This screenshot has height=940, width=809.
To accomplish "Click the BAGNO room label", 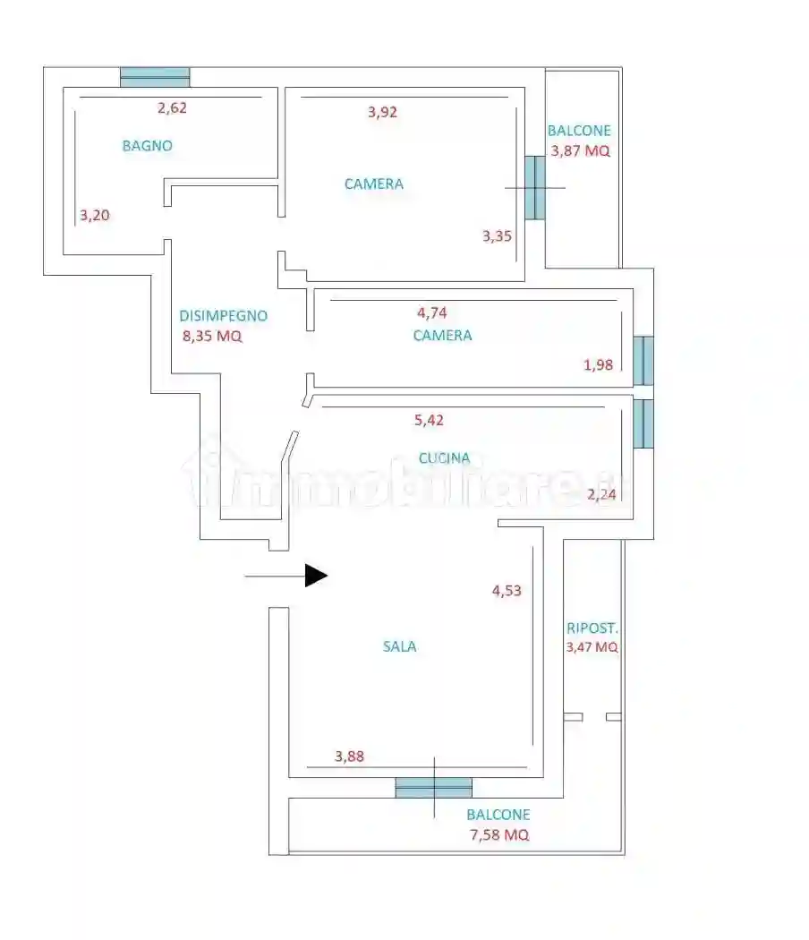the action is (x=148, y=146).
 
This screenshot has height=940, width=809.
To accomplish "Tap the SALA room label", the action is (x=400, y=646).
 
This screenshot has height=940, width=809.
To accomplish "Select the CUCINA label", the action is (x=444, y=458).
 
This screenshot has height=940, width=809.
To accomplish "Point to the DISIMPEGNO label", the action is (x=224, y=316).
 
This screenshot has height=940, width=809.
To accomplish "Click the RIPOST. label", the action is (x=592, y=628).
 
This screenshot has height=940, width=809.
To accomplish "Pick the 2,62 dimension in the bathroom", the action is (x=172, y=108).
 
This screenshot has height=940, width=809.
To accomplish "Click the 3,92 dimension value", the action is (x=382, y=112).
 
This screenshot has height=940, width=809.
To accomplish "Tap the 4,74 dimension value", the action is (x=432, y=313).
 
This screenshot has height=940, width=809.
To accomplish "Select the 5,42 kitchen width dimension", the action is (x=429, y=420).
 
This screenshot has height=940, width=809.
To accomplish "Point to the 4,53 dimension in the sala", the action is (x=507, y=591).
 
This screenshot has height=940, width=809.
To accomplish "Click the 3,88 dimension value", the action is (x=349, y=756).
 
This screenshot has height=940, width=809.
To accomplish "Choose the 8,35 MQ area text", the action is (x=212, y=336).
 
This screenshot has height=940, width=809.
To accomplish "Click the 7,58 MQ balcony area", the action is (x=499, y=834).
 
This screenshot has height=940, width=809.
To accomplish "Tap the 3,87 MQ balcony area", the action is (x=580, y=150).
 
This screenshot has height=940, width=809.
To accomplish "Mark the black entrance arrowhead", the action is (x=316, y=576).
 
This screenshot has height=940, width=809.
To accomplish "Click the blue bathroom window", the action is (x=155, y=77).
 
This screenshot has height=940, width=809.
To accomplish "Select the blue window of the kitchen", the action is (x=643, y=423).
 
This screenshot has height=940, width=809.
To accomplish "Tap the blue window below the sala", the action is (x=434, y=788).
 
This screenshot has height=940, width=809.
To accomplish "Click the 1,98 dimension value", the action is (x=598, y=365).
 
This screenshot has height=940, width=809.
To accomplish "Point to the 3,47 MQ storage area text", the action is (x=592, y=647).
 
